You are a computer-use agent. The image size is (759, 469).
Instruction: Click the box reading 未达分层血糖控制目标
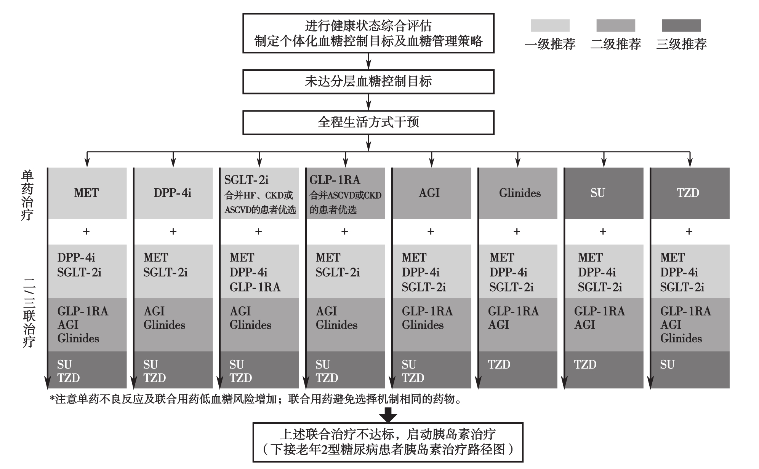[x=368, y=81]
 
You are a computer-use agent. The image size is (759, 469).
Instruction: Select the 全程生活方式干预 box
[x=368, y=123]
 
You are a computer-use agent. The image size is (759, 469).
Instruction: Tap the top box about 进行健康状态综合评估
[x=368, y=33]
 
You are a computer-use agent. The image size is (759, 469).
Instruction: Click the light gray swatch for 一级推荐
[x=550, y=26]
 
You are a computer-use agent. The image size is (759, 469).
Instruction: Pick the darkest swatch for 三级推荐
[x=681, y=26]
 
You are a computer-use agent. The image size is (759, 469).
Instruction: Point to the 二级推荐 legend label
[x=616, y=44]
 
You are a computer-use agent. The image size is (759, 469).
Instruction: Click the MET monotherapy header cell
[x=87, y=193]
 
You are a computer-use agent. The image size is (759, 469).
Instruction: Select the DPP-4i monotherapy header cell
[x=173, y=193]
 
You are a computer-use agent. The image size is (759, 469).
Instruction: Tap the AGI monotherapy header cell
[x=432, y=193]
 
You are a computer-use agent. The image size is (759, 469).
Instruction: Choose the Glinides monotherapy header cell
[x=518, y=193]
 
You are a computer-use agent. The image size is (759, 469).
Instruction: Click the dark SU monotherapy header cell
[x=604, y=193]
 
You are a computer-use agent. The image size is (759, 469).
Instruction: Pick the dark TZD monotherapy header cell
[x=690, y=193]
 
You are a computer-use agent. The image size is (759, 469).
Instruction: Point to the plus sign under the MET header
[x=86, y=231]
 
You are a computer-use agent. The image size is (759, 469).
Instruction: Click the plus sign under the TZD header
[x=689, y=231]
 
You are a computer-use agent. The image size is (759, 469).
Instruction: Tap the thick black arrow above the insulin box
[x=388, y=415]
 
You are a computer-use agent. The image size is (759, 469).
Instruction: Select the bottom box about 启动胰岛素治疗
[x=388, y=442]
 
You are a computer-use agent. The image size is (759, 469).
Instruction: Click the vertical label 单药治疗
[x=27, y=195]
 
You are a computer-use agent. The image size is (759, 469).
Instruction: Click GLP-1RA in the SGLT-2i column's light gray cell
[x=255, y=287]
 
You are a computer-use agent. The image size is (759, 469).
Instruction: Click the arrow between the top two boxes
[x=368, y=61]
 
